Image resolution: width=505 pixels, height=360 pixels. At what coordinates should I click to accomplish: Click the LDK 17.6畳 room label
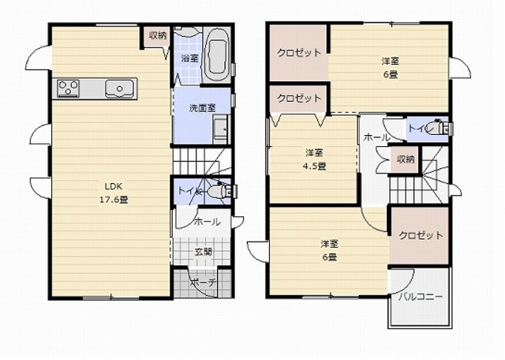tap(114, 193)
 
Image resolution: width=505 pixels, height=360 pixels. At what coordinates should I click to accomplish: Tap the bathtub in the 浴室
tap(216, 55)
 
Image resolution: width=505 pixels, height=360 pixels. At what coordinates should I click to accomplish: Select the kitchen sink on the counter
tap(119, 88)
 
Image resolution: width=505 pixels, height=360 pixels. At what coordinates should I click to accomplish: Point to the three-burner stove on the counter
tap(68, 88)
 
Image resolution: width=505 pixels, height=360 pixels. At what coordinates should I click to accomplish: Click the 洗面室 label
tap(202, 108)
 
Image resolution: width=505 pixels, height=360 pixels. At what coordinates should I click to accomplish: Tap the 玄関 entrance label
tap(203, 251)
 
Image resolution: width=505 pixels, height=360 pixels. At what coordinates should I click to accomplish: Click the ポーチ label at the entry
tap(203, 283)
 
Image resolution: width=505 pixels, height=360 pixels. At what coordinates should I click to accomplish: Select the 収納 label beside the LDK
tap(158, 36)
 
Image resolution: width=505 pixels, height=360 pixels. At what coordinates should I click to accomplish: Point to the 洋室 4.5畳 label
tap(314, 159)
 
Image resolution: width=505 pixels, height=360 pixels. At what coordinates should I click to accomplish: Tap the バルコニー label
tap(421, 297)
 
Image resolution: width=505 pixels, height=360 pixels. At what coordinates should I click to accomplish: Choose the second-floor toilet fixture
tap(439, 128)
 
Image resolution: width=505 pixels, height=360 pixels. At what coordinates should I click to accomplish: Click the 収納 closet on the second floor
tap(405, 159)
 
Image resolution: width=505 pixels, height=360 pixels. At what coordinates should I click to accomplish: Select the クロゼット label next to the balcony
tap(421, 235)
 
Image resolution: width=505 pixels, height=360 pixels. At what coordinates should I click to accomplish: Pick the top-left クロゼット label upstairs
tap(299, 52)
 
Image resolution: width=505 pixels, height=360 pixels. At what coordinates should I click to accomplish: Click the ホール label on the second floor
tap(376, 137)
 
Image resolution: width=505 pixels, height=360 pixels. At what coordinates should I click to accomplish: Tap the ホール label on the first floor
tap(208, 222)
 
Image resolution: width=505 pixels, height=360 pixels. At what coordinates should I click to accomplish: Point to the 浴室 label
tap(189, 58)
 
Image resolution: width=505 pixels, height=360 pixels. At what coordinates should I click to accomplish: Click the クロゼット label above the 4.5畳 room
tap(299, 98)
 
